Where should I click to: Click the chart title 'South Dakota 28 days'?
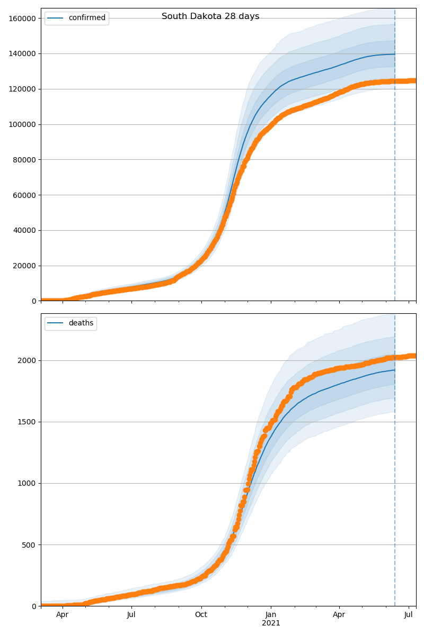tap(210, 16)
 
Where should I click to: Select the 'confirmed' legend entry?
tap(87, 18)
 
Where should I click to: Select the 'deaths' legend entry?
tap(81, 323)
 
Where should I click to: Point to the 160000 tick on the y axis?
tap(21, 19)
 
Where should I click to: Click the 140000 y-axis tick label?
tap(21, 53)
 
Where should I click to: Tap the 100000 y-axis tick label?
tap(21, 124)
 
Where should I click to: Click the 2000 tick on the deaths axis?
tap(28, 360)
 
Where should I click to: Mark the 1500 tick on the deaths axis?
tap(28, 422)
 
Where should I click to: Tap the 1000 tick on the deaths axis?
tap(28, 483)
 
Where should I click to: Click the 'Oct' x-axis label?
tap(201, 615)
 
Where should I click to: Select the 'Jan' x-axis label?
tap(271, 615)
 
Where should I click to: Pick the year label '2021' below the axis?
tap(271, 623)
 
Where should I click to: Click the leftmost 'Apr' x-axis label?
tap(63, 615)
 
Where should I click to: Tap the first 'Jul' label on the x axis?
tap(131, 615)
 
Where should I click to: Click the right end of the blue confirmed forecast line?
tap(394, 54)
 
